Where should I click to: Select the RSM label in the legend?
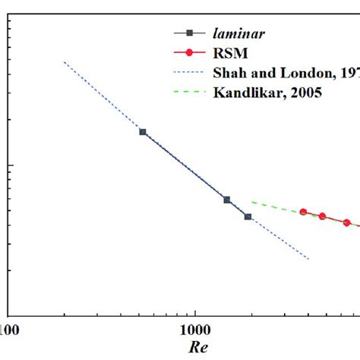[227, 53]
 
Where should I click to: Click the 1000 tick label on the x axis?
[195, 331]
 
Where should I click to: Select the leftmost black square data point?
[142, 131]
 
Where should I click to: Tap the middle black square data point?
[226, 200]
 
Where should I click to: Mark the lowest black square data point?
[248, 216]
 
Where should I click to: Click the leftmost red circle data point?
[303, 212]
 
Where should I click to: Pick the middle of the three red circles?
[322, 216]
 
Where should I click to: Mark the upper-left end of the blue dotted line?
[65, 62]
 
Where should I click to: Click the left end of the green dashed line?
[252, 202]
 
